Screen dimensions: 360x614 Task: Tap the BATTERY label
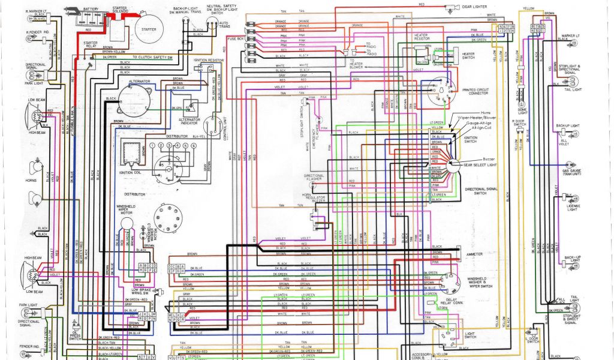[91, 9]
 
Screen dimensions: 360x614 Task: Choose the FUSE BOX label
[236, 38]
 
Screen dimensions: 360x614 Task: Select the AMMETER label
[474, 254]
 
